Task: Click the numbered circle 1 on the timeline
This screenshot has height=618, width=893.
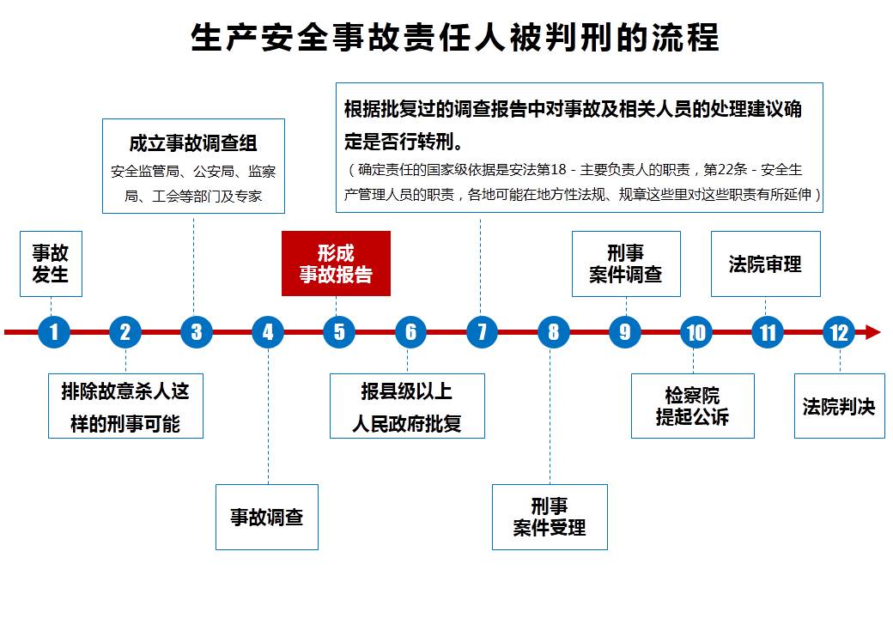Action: [x=54, y=332]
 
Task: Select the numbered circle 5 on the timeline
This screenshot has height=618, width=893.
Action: [x=339, y=332]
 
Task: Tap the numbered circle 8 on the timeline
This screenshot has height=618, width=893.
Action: [x=553, y=332]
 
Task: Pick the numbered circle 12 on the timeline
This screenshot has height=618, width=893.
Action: [x=838, y=332]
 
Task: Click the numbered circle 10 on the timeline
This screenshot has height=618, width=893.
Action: [x=696, y=332]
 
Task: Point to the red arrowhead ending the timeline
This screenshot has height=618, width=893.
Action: [x=872, y=332]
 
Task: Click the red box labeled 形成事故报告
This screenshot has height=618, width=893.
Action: [x=336, y=264]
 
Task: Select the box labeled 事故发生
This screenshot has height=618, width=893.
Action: [x=51, y=264]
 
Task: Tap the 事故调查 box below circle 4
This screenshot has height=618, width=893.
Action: [x=267, y=517]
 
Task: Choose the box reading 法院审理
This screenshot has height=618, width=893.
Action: [x=765, y=264]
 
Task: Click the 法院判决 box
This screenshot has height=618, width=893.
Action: [x=839, y=406]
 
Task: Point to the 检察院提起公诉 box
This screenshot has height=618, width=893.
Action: [x=692, y=406]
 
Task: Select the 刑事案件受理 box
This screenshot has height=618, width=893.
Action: [x=550, y=517]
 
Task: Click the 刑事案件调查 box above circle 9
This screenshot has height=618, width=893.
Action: [x=626, y=264]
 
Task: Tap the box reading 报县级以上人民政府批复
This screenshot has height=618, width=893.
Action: [x=407, y=406]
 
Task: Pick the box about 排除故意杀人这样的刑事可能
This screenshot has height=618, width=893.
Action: [x=125, y=406]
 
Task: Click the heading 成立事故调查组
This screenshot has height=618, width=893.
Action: [x=193, y=143]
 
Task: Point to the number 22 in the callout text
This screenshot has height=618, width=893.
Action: [x=719, y=169]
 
